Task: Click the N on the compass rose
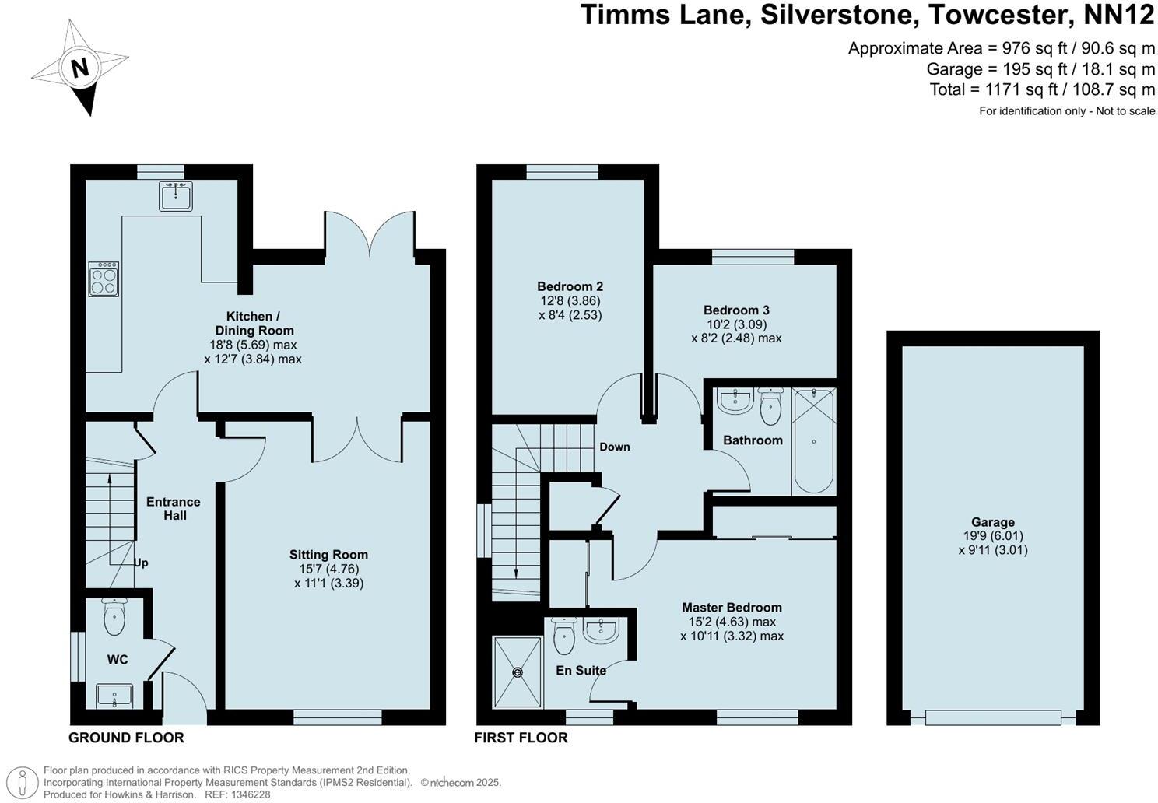point(79,68)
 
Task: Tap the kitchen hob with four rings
point(104,279)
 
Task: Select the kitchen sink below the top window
point(176,195)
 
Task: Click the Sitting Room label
point(328,555)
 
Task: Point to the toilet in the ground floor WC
point(114,620)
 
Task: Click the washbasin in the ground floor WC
point(114,695)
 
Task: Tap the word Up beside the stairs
point(141,563)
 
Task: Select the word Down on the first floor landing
point(614,447)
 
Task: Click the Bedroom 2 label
point(570,286)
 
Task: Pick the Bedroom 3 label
point(736,310)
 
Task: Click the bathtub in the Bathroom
point(813,442)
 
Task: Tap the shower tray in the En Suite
point(518,672)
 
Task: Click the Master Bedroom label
point(732,607)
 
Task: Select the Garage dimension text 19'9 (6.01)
point(992,536)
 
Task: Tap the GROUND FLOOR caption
point(126,738)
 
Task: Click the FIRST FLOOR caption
point(521,738)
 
